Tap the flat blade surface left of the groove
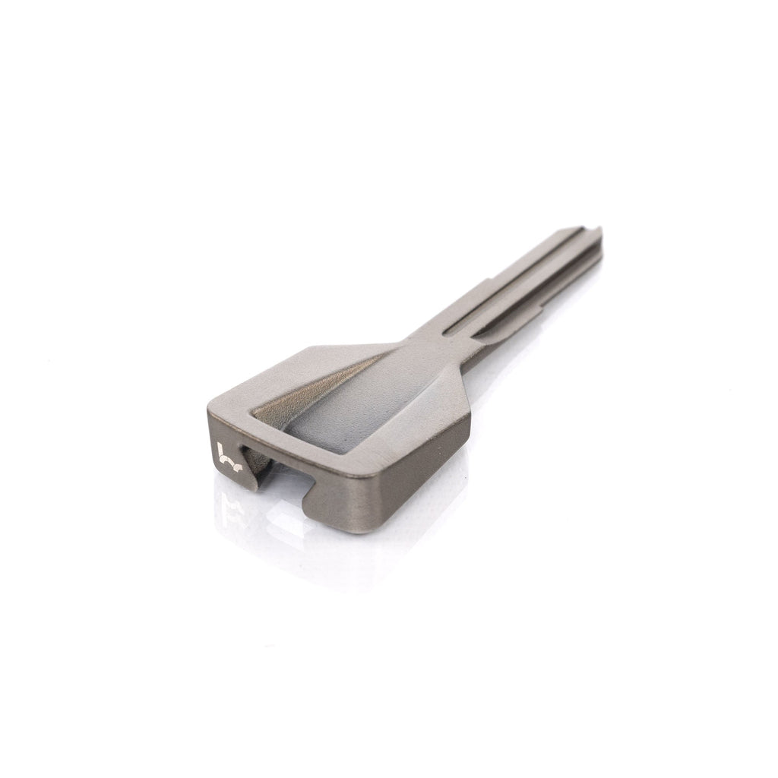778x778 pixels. [x=501, y=281]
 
